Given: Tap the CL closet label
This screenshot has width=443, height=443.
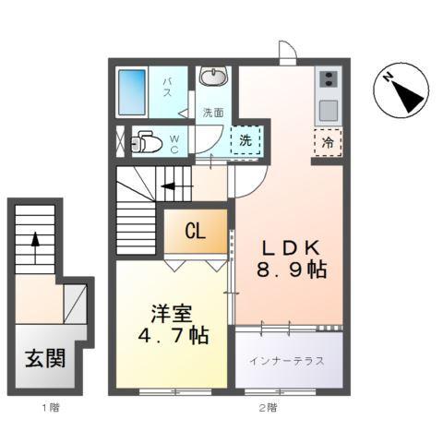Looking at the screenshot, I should (194, 232).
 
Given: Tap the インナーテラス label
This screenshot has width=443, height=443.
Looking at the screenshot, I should (286, 361).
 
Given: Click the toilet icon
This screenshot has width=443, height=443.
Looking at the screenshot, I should (148, 141).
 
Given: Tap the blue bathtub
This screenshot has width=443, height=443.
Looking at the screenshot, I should (138, 92).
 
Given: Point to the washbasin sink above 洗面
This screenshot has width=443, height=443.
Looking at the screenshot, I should (214, 78).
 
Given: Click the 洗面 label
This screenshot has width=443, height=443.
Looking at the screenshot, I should (213, 113).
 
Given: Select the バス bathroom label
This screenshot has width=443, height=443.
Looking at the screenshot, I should (169, 89).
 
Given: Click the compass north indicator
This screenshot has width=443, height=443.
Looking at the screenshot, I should (401, 90).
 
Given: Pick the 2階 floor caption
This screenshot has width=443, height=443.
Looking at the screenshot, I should (268, 407).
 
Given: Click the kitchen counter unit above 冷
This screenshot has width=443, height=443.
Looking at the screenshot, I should (328, 94).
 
